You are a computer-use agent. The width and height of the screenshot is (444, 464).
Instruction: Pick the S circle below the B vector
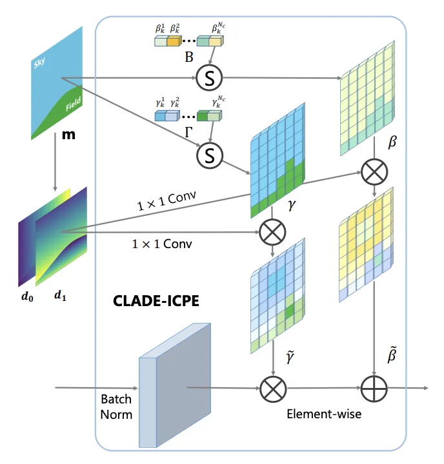pos(209,79)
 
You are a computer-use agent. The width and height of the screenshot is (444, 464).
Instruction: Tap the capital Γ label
pos(189,132)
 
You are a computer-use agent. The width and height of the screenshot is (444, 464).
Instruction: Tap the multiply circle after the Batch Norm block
pos(272,389)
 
